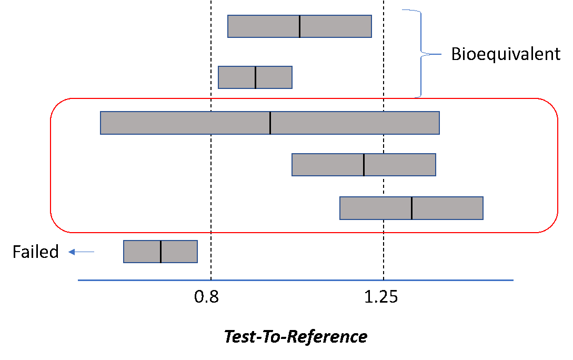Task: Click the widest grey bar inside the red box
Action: point(184,123)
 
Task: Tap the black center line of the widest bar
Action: point(270,123)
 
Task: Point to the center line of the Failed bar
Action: point(161,252)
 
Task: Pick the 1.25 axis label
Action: point(381,297)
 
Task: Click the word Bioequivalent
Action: point(506,54)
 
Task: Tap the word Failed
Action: point(36,252)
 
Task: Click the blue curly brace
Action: point(421,53)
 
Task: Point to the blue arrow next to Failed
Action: point(82,252)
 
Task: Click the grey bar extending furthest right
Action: point(447,208)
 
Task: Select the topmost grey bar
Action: point(263,26)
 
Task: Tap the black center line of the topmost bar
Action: point(300,26)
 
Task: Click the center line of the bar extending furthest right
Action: point(411,208)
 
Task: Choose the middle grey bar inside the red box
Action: point(326,165)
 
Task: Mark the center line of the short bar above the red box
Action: point(256,77)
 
